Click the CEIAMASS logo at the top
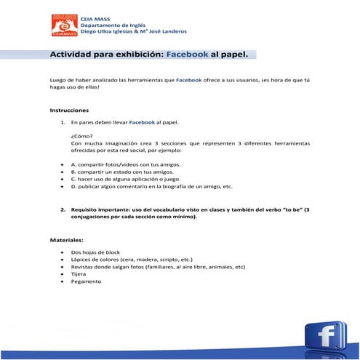click(64, 25)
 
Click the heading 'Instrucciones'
click(69, 111)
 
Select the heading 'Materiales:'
click(67, 239)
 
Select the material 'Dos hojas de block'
click(95, 252)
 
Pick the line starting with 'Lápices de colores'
click(132, 259)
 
